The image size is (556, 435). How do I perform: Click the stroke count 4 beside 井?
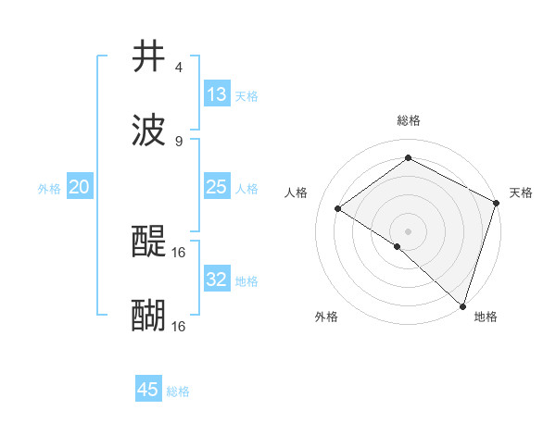[x=178, y=68]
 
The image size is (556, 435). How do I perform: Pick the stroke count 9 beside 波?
[x=178, y=141]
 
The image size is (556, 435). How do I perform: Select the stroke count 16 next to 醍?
[x=179, y=252]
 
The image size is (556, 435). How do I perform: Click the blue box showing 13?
[x=217, y=94]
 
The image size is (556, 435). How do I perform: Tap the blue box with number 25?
[x=217, y=188]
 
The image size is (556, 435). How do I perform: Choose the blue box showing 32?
[x=217, y=280]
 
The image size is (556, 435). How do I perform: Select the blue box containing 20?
[x=80, y=188]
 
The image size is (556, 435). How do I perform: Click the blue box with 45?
[x=148, y=390]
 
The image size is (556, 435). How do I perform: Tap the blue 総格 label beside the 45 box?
[x=178, y=391]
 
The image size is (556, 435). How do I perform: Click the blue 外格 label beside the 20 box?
[x=49, y=189]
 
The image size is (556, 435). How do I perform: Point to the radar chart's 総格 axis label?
[x=409, y=120]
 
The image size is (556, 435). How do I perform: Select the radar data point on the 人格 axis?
[x=338, y=208]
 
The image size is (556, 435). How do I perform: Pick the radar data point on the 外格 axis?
[x=398, y=246]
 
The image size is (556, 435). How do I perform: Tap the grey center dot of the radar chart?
[x=409, y=230]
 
